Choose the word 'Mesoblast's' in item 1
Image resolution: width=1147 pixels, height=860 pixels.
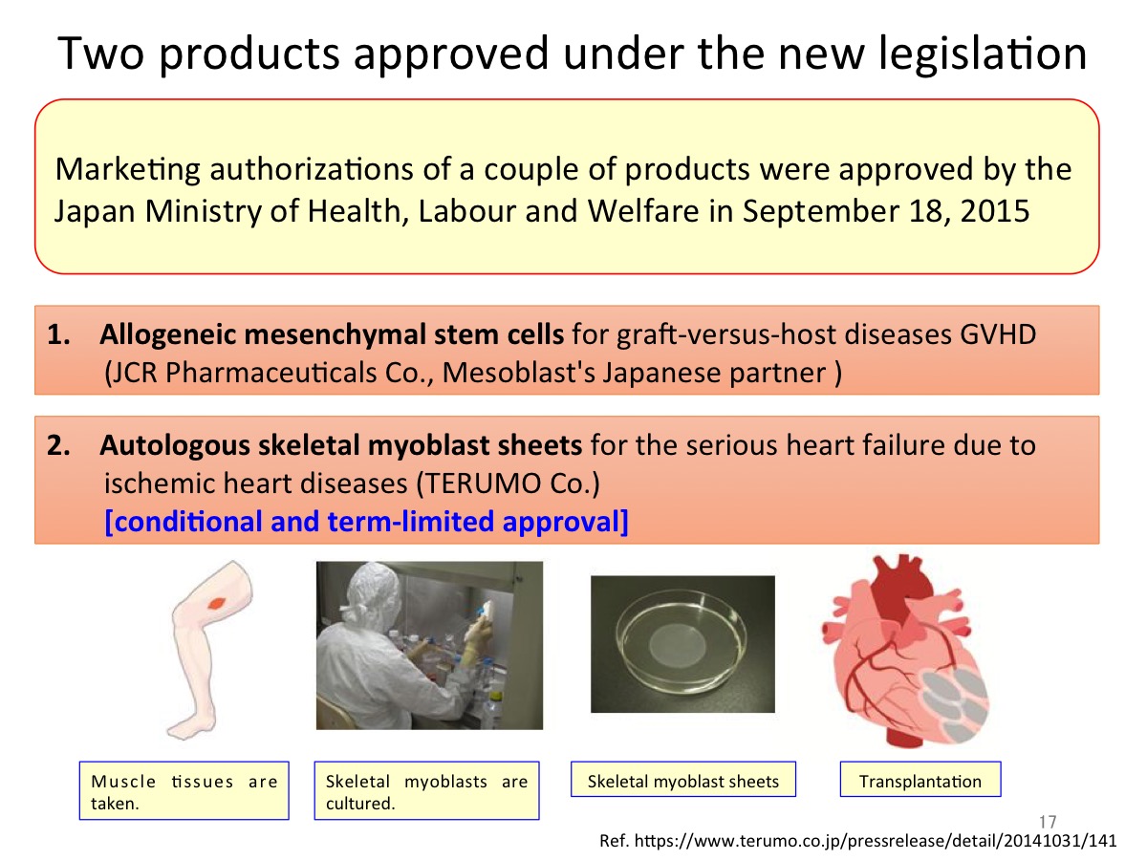[518, 373]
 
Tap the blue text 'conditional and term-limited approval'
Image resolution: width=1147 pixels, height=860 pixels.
[366, 522]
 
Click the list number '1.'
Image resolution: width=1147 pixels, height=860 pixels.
[58, 334]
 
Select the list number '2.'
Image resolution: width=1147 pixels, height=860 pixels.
[58, 445]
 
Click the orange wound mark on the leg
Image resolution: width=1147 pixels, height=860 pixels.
[216, 603]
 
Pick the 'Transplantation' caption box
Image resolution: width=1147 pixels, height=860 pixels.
[920, 779]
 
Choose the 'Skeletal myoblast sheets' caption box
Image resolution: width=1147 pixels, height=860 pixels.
[683, 779]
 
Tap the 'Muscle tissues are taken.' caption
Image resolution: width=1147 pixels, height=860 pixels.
[184, 790]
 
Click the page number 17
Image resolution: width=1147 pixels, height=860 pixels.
[1048, 822]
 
